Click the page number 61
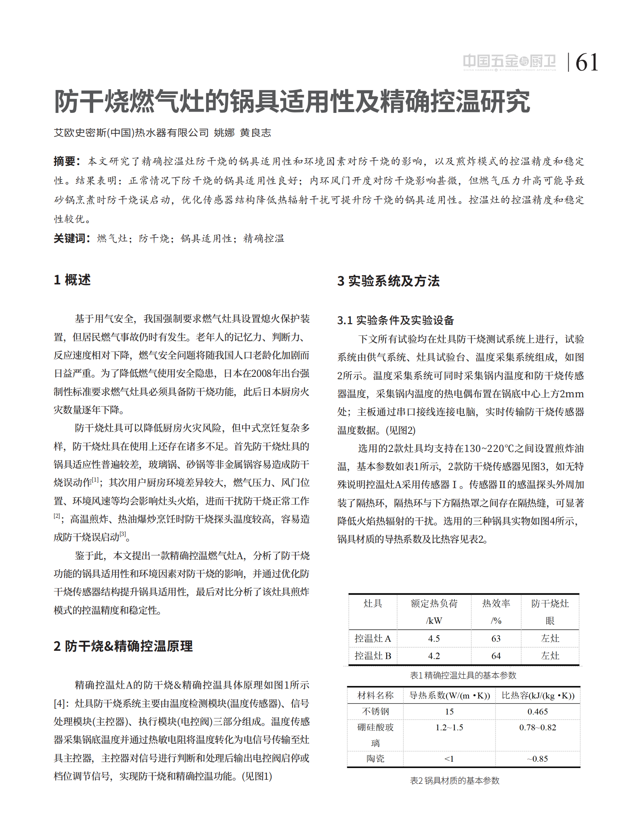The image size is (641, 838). coord(586,63)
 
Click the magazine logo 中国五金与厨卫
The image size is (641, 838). coord(509,62)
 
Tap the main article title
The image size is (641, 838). coord(292,101)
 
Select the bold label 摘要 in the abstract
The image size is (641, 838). coord(66,161)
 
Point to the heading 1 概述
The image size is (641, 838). coord(72,280)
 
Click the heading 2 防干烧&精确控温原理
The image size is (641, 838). coord(123,646)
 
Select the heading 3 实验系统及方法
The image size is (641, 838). coord(388,281)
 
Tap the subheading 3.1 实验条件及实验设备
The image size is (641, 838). coord(395,320)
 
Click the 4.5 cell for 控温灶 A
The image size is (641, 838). coord(434,638)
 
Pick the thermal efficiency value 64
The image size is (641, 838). coord(496,656)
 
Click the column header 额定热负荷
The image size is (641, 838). coord(434,603)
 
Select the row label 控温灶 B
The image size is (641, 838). coord(373,656)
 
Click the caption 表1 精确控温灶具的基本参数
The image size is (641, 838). coord(463,675)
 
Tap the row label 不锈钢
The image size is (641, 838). coord(375,711)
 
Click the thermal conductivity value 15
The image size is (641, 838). coord(449,711)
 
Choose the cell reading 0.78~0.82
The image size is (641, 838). coord(537,728)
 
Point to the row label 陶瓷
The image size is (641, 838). coord(375,758)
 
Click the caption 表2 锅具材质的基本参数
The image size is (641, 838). coord(455,781)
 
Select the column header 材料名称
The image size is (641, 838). coord(375,695)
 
